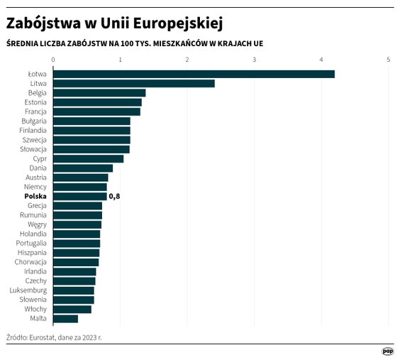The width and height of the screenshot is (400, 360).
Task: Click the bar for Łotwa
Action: (x=193, y=74)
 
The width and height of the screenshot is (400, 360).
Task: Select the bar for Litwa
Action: (x=133, y=84)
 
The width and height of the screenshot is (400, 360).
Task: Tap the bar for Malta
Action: (x=65, y=318)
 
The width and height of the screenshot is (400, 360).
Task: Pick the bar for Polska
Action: (x=79, y=196)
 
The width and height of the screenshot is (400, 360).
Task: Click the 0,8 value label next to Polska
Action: (x=114, y=196)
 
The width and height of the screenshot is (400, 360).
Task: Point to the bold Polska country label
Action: (x=35, y=196)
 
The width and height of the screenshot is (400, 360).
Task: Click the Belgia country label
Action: (x=38, y=93)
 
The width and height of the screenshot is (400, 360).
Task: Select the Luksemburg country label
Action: (x=28, y=290)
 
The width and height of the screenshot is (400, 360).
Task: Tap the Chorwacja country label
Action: (x=30, y=262)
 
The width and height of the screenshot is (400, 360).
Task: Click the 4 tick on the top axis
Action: (x=321, y=59)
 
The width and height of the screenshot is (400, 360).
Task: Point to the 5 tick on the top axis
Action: (x=388, y=59)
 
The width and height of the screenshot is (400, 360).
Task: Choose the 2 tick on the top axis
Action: (x=187, y=59)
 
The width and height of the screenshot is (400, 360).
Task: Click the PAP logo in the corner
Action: (x=387, y=351)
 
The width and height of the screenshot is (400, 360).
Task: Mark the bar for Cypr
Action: (x=88, y=158)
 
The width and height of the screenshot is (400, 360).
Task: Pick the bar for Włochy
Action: (x=72, y=309)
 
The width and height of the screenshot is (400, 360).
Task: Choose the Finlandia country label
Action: (x=33, y=131)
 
